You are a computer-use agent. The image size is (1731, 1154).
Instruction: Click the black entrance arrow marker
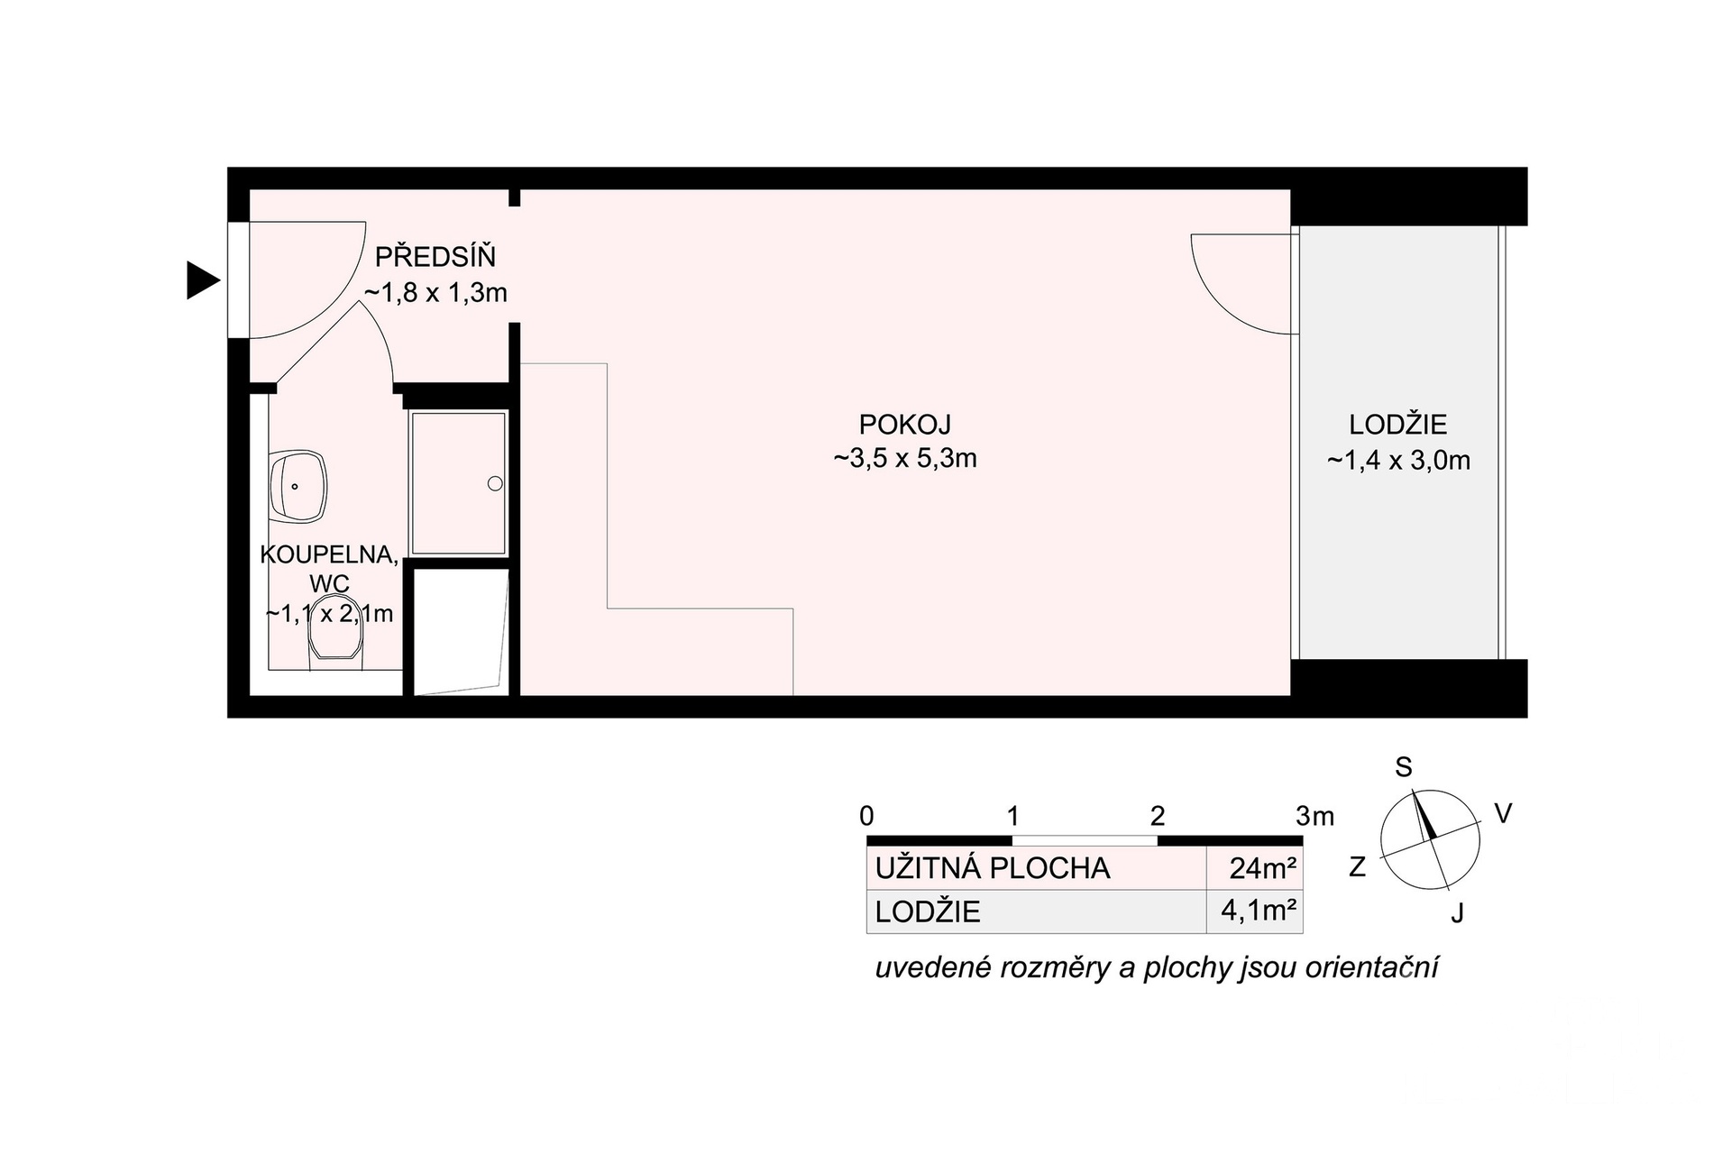[x=203, y=279]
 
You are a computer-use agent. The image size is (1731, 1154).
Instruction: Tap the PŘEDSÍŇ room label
[x=435, y=257]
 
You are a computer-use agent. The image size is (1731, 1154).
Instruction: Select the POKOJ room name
[x=905, y=424]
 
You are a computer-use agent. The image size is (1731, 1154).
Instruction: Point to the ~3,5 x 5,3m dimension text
[x=905, y=458]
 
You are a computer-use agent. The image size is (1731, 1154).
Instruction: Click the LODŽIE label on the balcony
[x=1398, y=424]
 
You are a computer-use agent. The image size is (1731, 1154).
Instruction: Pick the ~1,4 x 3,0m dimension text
[x=1398, y=461]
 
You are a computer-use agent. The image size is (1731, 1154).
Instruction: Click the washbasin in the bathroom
[x=298, y=486]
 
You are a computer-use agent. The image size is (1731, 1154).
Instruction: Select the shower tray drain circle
[x=495, y=483]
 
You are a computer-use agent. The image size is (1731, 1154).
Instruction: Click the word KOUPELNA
[x=329, y=554]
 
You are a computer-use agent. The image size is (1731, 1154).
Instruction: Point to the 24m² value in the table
[x=1263, y=868]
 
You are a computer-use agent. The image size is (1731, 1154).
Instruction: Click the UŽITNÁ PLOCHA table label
[x=993, y=868]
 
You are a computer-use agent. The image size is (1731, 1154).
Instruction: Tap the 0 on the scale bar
[x=866, y=816]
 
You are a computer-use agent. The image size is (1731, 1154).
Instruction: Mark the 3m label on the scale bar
[x=1314, y=816]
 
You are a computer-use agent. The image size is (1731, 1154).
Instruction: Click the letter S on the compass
[x=1403, y=767]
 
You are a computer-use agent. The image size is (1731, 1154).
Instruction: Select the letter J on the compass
[x=1457, y=913]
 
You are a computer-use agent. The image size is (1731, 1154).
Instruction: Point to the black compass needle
[x=1424, y=816]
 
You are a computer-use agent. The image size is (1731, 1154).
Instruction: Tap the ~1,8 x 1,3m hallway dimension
[x=435, y=292]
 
